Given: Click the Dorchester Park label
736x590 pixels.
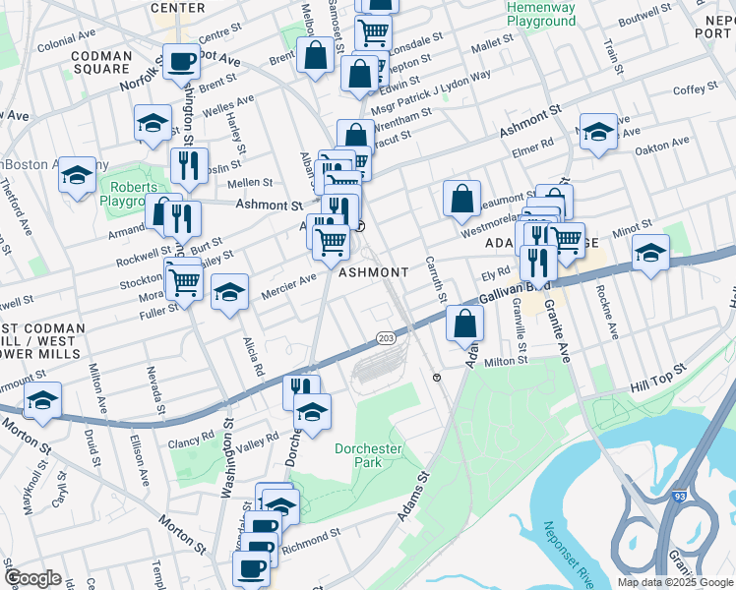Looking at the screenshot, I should click(x=370, y=455).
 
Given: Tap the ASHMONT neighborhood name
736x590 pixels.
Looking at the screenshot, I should click(x=373, y=272).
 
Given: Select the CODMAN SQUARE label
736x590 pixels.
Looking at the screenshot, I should click(x=101, y=62).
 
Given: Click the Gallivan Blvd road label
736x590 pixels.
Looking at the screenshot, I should click(x=512, y=289).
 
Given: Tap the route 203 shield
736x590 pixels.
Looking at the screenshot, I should click(x=386, y=338).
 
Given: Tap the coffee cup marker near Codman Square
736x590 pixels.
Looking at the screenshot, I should click(x=181, y=61).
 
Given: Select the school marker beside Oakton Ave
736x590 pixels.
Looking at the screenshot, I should click(x=597, y=132).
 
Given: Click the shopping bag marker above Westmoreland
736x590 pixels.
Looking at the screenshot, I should click(x=461, y=199).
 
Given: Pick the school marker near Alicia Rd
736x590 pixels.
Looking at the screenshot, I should click(x=229, y=291).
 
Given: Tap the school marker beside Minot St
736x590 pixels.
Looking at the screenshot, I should click(x=649, y=253).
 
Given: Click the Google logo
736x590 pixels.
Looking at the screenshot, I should click(x=33, y=578).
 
